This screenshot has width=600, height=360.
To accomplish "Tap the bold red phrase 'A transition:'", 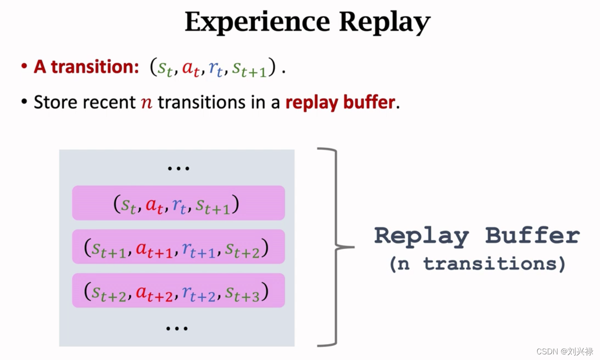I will click(86, 67).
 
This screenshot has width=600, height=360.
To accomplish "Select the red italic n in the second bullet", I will click(147, 103).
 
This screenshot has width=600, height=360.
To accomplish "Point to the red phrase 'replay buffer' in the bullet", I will click(340, 102).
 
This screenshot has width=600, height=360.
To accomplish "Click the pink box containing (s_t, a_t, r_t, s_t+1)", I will click(178, 203).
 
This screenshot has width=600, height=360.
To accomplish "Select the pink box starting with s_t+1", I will click(178, 246).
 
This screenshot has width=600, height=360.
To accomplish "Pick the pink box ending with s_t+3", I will click(178, 290).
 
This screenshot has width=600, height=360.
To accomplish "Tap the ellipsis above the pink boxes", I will click(178, 168).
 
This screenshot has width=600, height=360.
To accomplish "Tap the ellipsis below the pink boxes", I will click(177, 328).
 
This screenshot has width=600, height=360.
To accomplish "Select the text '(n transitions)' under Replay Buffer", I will click(477, 264).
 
